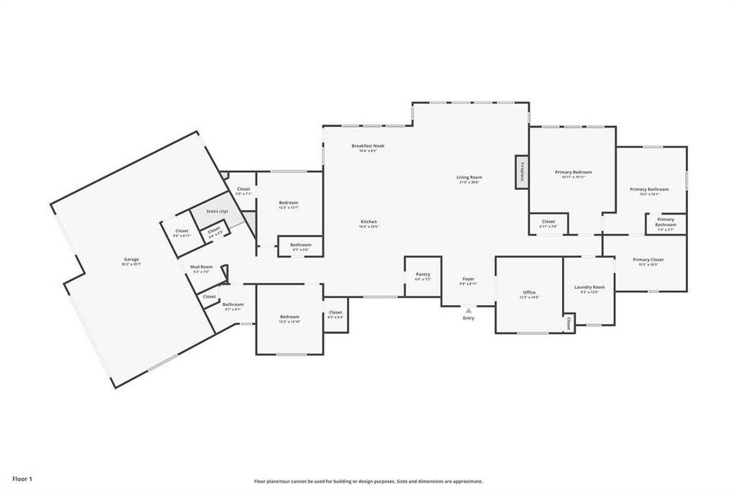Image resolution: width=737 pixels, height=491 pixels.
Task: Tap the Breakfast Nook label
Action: pos(367,146)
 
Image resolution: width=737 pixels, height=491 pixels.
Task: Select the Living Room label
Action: pos(470,178)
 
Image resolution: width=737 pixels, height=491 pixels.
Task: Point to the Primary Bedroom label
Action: pos(573,172)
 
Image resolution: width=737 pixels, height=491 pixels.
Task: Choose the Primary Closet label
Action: pos(648,260)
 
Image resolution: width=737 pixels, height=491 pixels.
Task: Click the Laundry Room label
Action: pos(589,287)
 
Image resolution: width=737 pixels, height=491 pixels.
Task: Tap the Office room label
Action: pos(529,292)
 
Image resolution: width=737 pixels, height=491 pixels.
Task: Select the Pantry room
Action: pos(423,276)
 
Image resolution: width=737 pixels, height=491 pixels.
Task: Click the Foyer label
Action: pos(469,279)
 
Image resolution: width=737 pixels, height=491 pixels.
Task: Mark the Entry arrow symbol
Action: pos(469,310)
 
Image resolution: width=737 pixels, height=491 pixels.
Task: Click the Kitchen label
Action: pos(369,222)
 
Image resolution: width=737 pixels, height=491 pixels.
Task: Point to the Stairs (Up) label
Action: pos(218,211)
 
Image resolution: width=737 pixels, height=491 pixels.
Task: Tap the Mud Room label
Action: pos(201,268)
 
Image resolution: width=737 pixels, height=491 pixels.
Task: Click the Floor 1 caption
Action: pos(22,477)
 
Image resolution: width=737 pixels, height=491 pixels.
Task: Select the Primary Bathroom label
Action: pos(649,190)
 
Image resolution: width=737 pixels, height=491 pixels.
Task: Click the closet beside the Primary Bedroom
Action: pos(548,223)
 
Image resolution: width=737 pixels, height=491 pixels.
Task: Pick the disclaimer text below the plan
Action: pos(368,481)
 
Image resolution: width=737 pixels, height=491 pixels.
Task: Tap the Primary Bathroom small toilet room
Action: pos(666,223)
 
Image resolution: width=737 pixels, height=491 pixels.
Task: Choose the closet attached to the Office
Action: pos(568,324)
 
